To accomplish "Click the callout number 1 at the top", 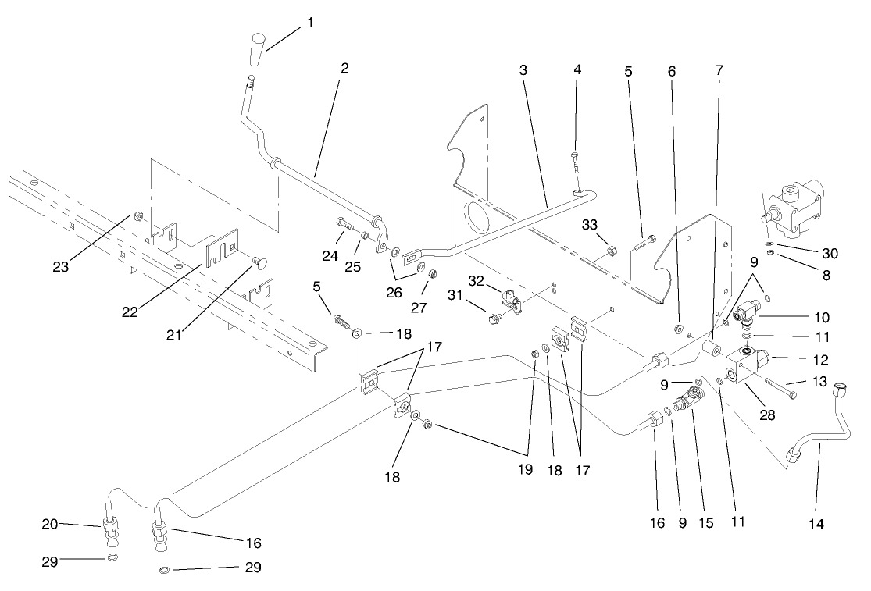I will coord(310,23).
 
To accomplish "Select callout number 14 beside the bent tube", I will coord(816,524).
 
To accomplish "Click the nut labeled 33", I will coord(613,251).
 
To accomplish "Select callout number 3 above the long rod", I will coord(523,70).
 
